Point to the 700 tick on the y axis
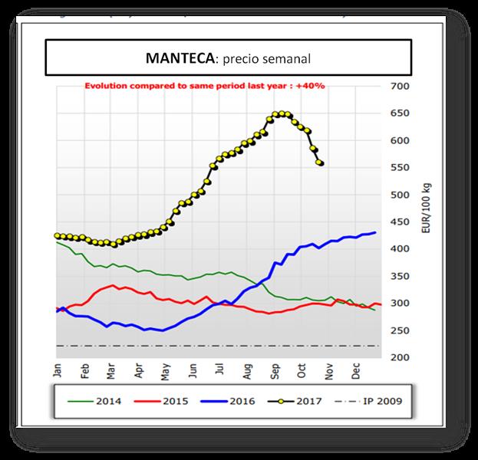[x=401, y=86]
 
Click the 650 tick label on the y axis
[x=401, y=113]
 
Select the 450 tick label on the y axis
[x=401, y=222]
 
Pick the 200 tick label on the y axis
[x=401, y=357]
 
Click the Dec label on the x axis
[x=357, y=371]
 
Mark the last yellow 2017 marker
[x=320, y=163]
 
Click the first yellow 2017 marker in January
[x=57, y=235]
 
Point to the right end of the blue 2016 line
[x=375, y=232]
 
